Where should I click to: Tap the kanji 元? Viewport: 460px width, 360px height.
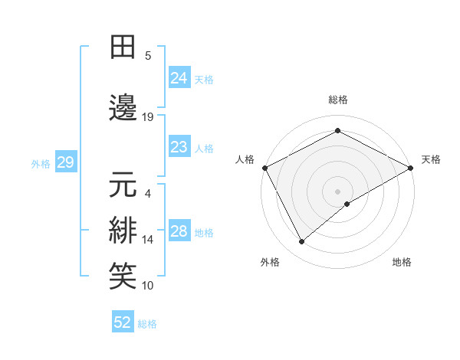pyautogui.click(x=123, y=186)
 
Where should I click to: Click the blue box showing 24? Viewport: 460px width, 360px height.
pyautogui.click(x=179, y=77)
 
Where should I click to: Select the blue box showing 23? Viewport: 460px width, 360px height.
pyautogui.click(x=179, y=147)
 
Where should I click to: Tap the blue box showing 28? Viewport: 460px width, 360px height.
pyautogui.click(x=179, y=231)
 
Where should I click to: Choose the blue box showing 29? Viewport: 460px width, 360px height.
pyautogui.click(x=65, y=162)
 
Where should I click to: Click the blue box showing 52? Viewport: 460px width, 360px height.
pyautogui.click(x=123, y=322)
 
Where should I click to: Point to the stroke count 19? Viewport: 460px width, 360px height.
pyautogui.click(x=148, y=117)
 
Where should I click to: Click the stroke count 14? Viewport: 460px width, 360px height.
pyautogui.click(x=148, y=240)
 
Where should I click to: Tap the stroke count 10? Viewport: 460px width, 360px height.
pyautogui.click(x=148, y=286)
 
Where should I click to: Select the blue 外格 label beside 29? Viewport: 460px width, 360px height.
pyautogui.click(x=41, y=162)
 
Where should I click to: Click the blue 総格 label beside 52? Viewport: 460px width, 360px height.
pyautogui.click(x=147, y=324)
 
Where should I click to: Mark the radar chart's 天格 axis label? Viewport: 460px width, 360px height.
pyautogui.click(x=431, y=159)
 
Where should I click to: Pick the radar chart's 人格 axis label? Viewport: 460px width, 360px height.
pyautogui.click(x=245, y=159)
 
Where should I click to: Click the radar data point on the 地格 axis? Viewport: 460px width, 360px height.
pyautogui.click(x=347, y=204)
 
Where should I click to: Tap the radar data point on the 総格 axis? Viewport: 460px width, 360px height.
pyautogui.click(x=337, y=131)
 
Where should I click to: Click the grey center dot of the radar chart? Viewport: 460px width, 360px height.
pyautogui.click(x=337, y=191)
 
